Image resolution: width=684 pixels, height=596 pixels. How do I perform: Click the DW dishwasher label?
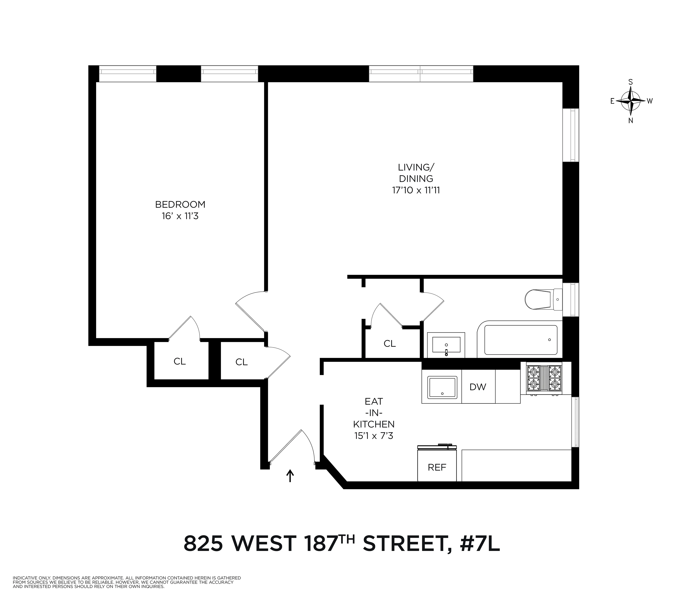pyautogui.click(x=478, y=387)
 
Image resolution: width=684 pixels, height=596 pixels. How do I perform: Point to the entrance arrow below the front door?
pyautogui.click(x=290, y=476)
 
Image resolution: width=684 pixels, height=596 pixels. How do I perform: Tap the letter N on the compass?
pyautogui.click(x=630, y=121)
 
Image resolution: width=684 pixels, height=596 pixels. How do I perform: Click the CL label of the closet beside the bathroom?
pyautogui.click(x=390, y=344)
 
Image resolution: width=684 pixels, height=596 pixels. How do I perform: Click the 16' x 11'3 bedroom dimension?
pyautogui.click(x=180, y=216)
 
